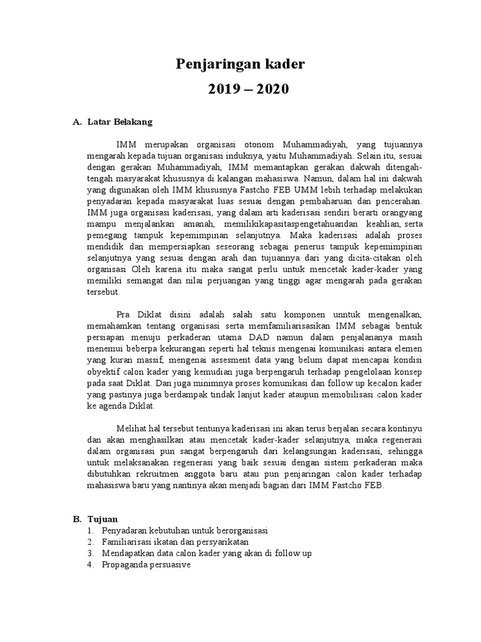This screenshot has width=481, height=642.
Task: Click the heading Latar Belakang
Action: tap(117, 122)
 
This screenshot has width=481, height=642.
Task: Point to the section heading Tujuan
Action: tap(102, 519)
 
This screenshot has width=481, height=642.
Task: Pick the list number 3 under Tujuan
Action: tap(91, 553)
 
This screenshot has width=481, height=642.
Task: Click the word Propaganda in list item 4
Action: tap(123, 564)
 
